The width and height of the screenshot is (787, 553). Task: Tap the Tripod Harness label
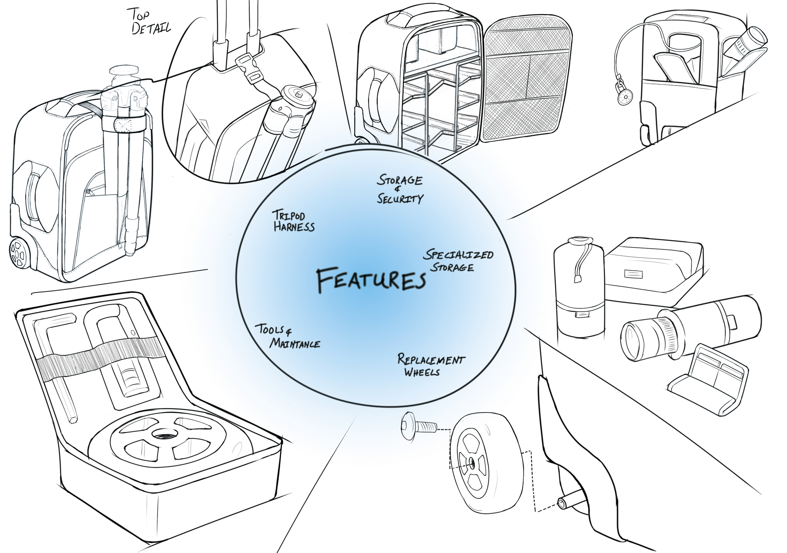(x=293, y=221)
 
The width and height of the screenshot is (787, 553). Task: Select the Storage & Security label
(x=400, y=189)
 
